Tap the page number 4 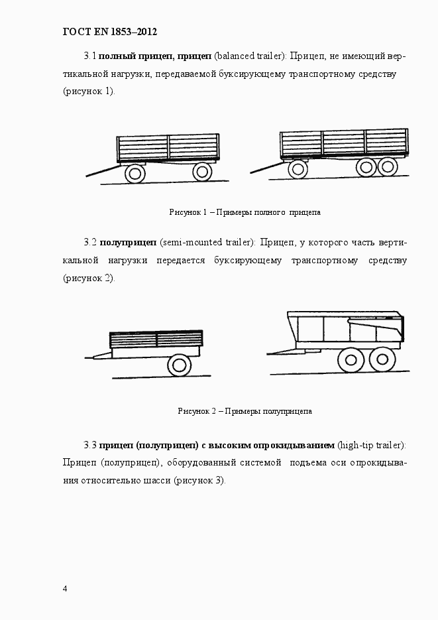point(65,588)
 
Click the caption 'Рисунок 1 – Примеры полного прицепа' point(245,212)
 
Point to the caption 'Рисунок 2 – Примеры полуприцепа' point(245,411)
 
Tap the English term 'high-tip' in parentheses point(356,444)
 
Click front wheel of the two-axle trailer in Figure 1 point(135,173)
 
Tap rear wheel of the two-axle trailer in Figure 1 point(202,172)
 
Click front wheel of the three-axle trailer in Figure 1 point(298,168)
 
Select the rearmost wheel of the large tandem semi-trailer point(380,360)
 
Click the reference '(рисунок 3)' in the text point(199,480)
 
